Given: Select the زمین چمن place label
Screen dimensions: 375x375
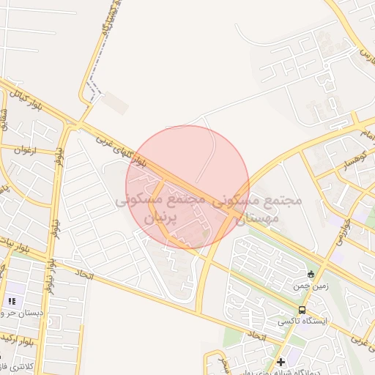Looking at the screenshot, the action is click(x=308, y=287).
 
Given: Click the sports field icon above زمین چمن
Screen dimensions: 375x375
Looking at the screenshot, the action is click(x=310, y=275).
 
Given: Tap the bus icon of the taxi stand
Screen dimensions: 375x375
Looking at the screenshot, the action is click(x=302, y=310).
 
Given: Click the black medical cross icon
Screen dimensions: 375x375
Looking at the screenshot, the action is click(x=281, y=362).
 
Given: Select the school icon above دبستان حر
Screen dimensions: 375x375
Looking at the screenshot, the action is click(x=12, y=301).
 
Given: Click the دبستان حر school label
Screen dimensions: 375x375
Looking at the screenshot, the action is click(x=22, y=313).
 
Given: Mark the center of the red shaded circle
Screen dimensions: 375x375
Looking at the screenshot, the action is click(x=187, y=187).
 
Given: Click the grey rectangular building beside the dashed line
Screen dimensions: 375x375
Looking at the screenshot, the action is click(x=115, y=103).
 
